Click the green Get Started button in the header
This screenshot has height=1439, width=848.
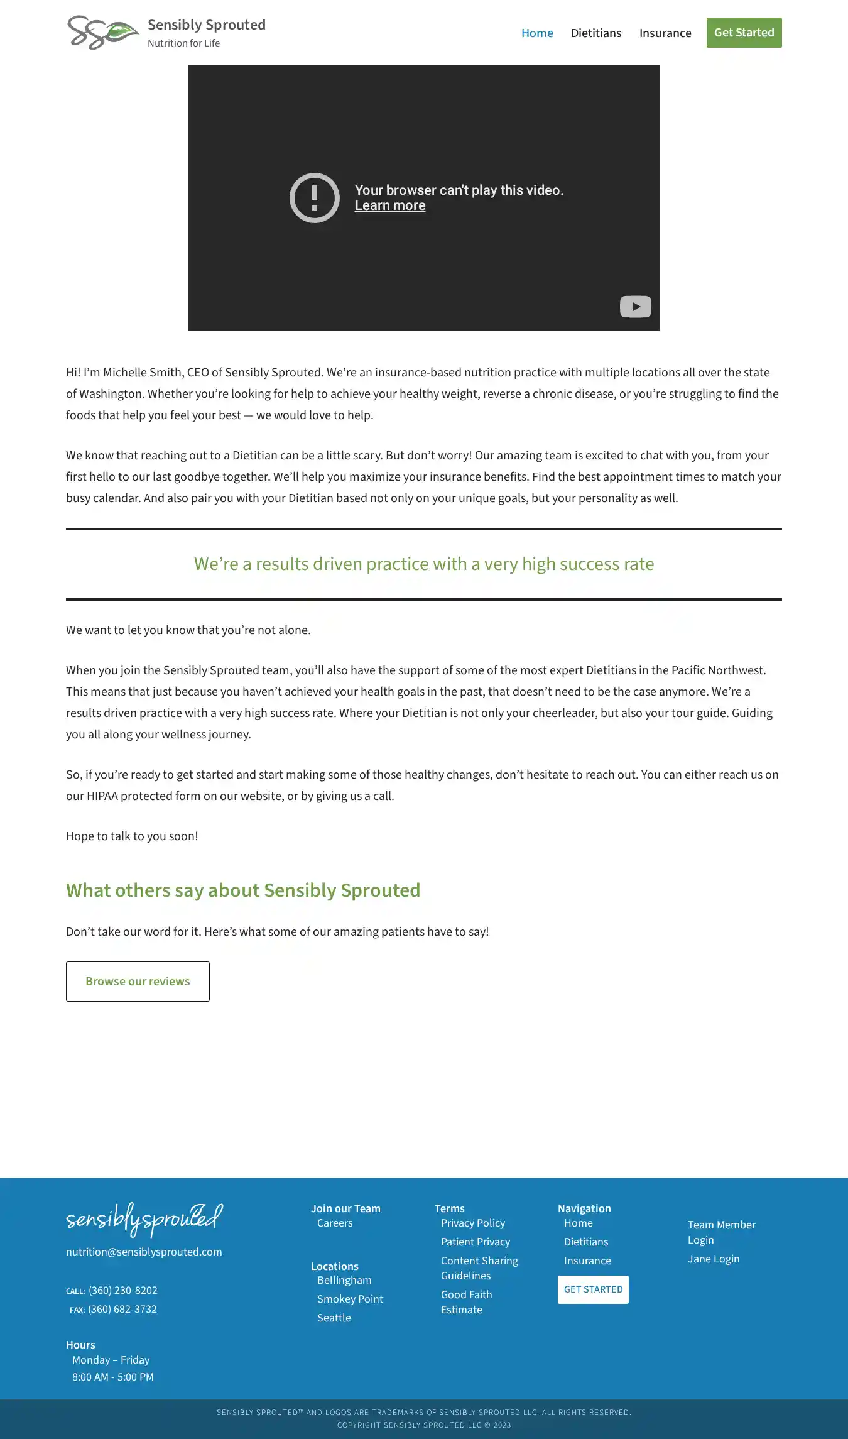(x=744, y=33)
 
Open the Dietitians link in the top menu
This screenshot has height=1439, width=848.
(x=595, y=33)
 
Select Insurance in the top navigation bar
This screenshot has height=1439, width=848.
(x=665, y=33)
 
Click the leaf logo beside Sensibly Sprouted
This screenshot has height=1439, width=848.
(x=103, y=33)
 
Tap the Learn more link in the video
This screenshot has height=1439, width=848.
(x=389, y=205)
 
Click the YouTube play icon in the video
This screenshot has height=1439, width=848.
(x=635, y=307)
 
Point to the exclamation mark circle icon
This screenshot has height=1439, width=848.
(x=314, y=198)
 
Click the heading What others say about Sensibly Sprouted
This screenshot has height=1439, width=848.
(x=243, y=890)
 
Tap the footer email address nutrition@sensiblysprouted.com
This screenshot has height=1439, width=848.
(x=144, y=1252)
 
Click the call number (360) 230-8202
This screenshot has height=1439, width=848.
(x=122, y=1290)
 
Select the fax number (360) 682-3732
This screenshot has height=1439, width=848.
(x=122, y=1309)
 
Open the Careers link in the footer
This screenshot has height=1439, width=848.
(x=335, y=1223)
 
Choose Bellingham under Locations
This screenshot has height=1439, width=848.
(x=344, y=1280)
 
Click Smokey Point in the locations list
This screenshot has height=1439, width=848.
(x=350, y=1299)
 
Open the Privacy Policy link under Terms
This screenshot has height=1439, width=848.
(x=472, y=1223)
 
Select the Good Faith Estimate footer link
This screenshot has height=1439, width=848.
(x=466, y=1302)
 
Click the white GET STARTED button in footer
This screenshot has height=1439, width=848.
(x=593, y=1289)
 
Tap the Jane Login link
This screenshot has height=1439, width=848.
(x=713, y=1259)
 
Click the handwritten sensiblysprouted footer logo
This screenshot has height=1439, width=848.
(x=144, y=1219)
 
